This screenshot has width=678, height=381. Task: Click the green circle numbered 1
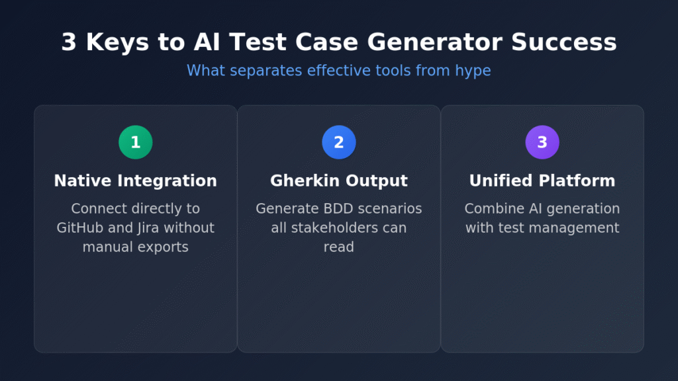(x=136, y=142)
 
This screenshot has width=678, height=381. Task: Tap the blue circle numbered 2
(x=339, y=142)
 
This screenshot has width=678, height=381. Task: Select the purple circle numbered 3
(x=542, y=142)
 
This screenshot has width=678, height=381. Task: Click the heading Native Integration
(x=136, y=181)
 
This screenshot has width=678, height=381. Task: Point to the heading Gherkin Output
(x=339, y=181)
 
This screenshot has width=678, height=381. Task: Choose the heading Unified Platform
(x=542, y=181)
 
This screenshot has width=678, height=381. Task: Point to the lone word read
(x=339, y=247)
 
